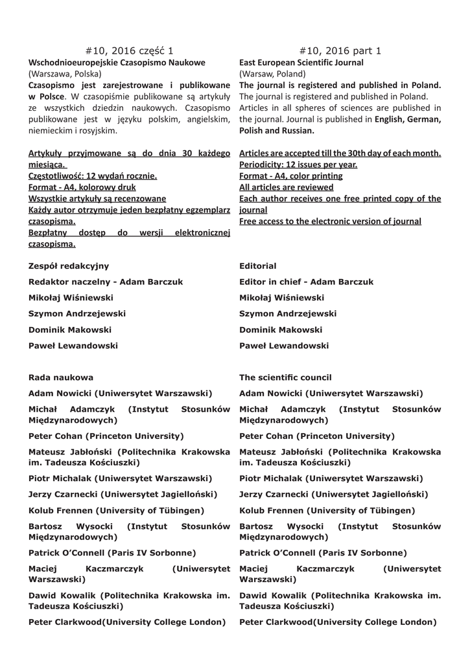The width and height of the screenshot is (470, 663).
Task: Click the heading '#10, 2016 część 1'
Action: (130, 51)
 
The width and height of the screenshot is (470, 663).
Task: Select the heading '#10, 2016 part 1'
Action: (340, 51)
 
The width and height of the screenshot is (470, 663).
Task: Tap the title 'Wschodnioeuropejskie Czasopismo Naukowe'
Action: (117, 63)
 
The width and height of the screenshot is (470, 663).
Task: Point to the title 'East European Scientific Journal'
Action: (301, 63)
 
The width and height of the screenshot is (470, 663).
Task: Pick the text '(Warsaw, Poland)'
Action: (272, 74)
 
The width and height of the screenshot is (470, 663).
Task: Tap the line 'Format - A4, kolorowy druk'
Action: (82, 187)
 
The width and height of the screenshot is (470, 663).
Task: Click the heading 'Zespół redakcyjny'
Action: (69, 266)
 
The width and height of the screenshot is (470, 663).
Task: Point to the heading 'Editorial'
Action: (257, 266)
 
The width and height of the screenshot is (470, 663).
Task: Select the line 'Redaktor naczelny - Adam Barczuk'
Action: (106, 282)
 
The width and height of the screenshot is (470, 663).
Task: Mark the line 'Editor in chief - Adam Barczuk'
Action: (306, 282)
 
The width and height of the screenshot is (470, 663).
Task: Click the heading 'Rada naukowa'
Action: (61, 377)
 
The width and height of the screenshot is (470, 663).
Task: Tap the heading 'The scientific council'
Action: (285, 377)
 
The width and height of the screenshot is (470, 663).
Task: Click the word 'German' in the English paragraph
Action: (423, 119)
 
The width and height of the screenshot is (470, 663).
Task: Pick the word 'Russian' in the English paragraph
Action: (300, 131)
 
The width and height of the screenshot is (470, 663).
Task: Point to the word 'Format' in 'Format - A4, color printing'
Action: (255, 176)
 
